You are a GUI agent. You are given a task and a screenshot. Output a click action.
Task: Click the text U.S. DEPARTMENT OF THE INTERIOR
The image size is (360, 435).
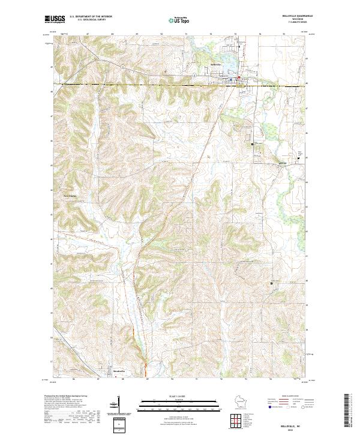point(91,17)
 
